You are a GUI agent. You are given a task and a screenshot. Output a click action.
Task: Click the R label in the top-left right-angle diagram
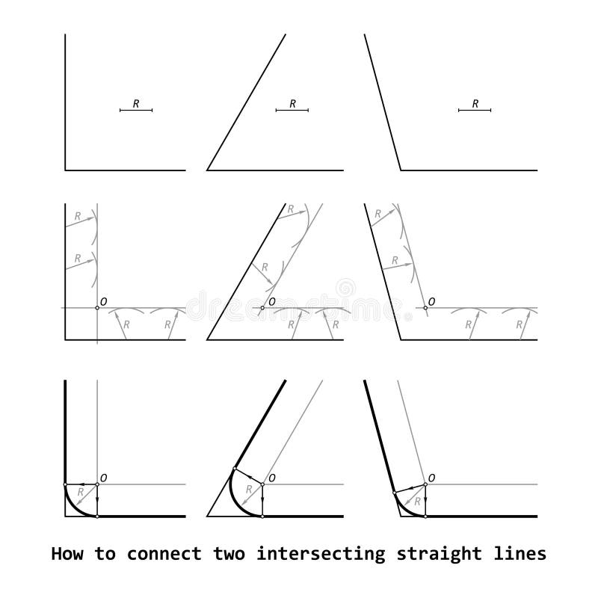(x=136, y=105)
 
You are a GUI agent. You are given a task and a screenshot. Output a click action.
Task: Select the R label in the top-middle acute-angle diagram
(x=292, y=105)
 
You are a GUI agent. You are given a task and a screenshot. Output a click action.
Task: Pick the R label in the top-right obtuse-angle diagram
(x=475, y=105)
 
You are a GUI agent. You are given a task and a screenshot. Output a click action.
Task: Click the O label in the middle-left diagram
(x=103, y=301)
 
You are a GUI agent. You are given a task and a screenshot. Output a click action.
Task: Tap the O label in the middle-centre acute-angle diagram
(x=271, y=301)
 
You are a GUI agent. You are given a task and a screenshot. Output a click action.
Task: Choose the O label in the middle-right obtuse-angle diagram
(x=432, y=301)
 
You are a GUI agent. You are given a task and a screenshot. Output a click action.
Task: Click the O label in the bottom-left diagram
(x=103, y=478)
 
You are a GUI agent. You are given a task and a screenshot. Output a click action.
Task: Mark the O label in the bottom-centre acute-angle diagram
(x=271, y=478)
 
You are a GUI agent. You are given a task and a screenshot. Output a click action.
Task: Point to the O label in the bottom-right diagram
(x=432, y=478)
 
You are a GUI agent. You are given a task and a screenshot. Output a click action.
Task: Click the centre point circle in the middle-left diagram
(x=97, y=308)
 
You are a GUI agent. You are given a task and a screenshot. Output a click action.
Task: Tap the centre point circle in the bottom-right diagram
(x=425, y=484)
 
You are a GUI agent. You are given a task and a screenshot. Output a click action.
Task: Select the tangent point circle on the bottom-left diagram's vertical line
(x=66, y=484)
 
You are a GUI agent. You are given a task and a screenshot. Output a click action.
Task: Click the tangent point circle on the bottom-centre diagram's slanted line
(x=235, y=469)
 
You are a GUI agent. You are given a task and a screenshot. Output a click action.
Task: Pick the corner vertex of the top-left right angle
(x=66, y=170)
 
